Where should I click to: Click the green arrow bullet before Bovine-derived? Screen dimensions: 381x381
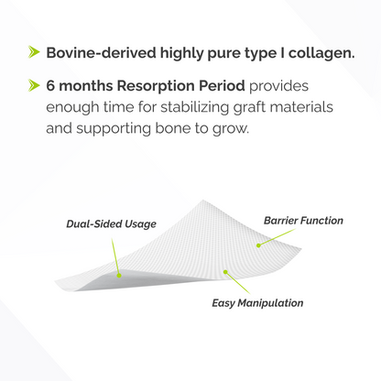[x=33, y=51]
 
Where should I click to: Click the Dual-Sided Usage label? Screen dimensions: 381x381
[x=112, y=223]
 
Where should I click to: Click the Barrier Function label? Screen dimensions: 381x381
[x=303, y=220]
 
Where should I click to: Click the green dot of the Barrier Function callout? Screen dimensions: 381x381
[x=258, y=245]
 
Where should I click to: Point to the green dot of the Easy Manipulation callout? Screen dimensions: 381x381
[x=224, y=272]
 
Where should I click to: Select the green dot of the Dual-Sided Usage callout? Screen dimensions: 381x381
[x=118, y=272]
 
